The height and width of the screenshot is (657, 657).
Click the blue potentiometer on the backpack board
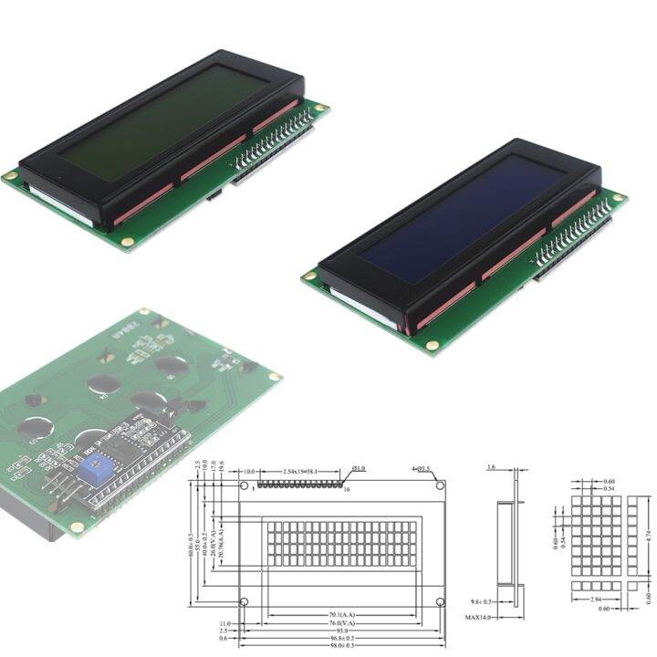pyautogui.click(x=92, y=472)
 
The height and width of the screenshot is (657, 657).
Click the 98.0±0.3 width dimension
pyautogui.click(x=341, y=644)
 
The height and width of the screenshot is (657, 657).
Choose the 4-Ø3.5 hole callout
pyautogui.click(x=421, y=469)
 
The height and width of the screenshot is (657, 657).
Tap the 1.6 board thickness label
pyautogui.click(x=493, y=467)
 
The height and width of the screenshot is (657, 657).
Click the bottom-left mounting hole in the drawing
pyautogui.click(x=244, y=602)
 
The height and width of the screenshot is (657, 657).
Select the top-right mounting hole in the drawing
pyautogui.click(x=440, y=485)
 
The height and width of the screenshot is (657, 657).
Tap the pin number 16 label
pyautogui.click(x=346, y=490)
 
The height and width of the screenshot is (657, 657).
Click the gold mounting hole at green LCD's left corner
pyautogui.click(x=10, y=175)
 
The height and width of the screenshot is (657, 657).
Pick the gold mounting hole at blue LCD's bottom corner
pyautogui.click(x=433, y=346)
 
